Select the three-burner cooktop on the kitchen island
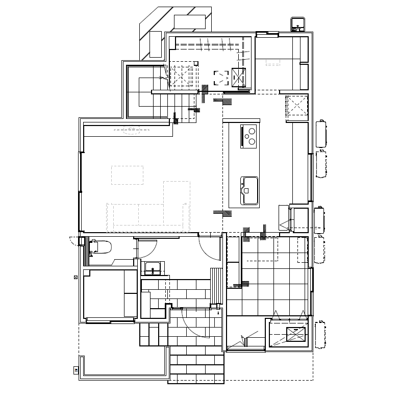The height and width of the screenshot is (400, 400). point(249,136)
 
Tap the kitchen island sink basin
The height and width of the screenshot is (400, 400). point(249,190)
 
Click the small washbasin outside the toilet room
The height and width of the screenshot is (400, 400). point(153,268)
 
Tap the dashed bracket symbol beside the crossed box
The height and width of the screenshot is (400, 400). point(221,77)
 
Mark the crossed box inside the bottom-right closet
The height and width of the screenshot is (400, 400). point(296,335)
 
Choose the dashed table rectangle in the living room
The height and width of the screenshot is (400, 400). point(128,175)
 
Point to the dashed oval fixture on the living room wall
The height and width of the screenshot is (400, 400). point(132,130)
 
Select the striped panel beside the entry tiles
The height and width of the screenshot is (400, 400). point(217,285)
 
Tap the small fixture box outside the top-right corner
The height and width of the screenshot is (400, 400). point(297,24)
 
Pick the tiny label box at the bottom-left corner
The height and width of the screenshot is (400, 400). point(75,370)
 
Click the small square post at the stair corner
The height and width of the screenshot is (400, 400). point(195,63)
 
